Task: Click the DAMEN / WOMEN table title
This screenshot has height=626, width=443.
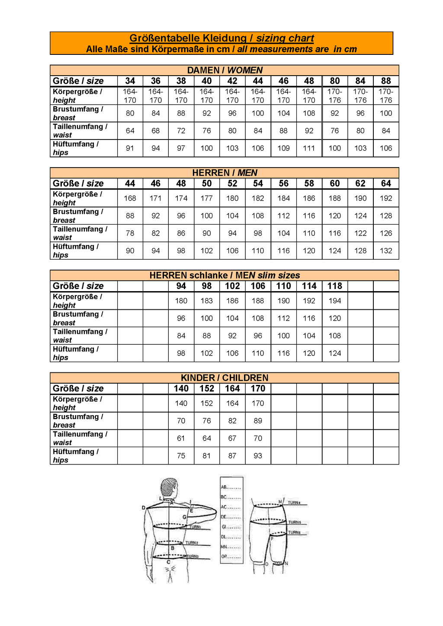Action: coord(225,70)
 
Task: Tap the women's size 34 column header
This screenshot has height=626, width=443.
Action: coord(130,81)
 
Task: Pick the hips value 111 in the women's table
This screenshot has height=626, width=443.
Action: coord(309,148)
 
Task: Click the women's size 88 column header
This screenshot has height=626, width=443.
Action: coord(386,81)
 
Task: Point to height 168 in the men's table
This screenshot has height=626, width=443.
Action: coord(130,198)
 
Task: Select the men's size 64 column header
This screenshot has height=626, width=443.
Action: coord(386,183)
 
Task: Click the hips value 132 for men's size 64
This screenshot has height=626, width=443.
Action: coord(386,251)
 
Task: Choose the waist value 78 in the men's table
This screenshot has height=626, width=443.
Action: coord(130,233)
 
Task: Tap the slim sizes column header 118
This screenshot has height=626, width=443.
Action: coord(335,286)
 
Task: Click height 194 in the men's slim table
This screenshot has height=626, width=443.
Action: coord(335,301)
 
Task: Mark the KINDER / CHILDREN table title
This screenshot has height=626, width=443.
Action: coord(225,378)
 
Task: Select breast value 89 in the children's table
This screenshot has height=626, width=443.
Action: coord(258,421)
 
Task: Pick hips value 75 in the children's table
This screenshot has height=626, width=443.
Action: coord(181,456)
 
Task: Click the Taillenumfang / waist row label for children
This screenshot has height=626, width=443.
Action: coord(80,438)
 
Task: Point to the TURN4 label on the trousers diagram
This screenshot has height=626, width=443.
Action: coord(294,503)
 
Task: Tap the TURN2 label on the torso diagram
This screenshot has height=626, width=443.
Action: coord(192,543)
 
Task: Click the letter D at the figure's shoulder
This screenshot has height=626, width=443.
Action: coord(144,508)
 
